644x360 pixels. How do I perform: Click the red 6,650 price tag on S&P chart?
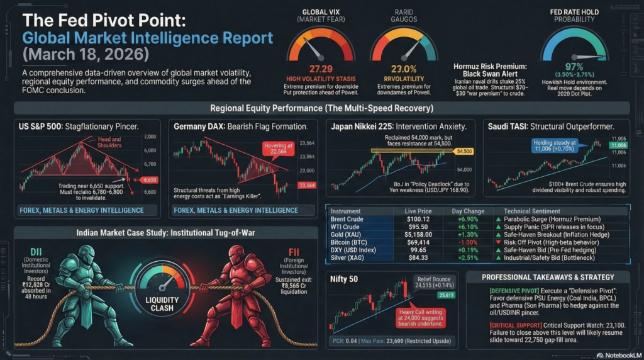pyautogui.click(x=148, y=179)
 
